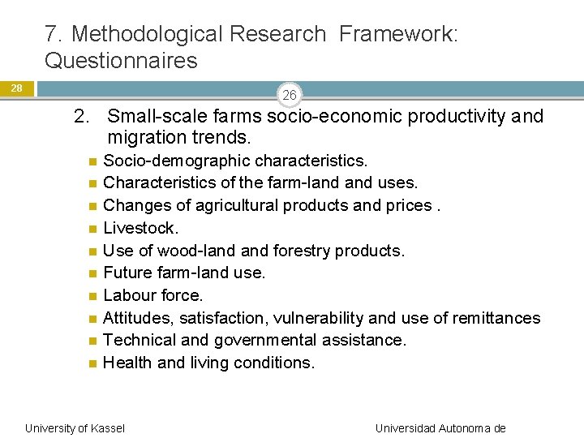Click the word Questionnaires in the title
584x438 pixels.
pyautogui.click(x=121, y=61)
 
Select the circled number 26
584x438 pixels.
pyautogui.click(x=290, y=96)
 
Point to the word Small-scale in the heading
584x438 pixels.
pyautogui.click(x=153, y=116)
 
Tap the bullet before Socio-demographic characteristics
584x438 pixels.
pyautogui.click(x=94, y=161)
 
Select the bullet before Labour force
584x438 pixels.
pyautogui.click(x=94, y=296)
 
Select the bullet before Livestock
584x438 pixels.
pyautogui.click(x=94, y=229)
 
